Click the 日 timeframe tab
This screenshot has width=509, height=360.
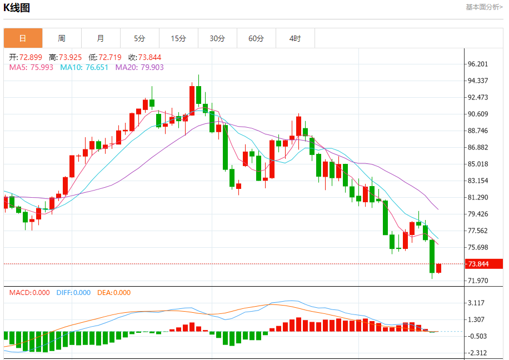tap(23, 38)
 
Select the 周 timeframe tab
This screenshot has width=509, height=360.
tap(62, 38)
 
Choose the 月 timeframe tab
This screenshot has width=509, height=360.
tap(101, 38)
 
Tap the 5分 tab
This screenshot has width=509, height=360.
tap(139, 38)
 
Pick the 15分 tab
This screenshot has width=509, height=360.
tap(178, 38)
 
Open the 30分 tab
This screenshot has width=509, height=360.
tap(217, 38)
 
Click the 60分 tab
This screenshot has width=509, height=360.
tap(256, 38)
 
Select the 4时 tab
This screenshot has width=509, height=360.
tap(295, 38)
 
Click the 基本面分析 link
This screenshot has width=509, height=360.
tap(484, 7)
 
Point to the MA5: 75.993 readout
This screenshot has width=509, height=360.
tap(31, 67)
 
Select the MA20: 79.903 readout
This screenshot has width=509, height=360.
tap(139, 67)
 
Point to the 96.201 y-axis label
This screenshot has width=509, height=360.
tap(478, 64)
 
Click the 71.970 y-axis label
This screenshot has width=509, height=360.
tap(478, 281)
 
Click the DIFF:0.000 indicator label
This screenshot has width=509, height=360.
tap(73, 293)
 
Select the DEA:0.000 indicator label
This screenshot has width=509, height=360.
tap(114, 293)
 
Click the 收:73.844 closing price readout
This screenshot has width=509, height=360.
tap(145, 57)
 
